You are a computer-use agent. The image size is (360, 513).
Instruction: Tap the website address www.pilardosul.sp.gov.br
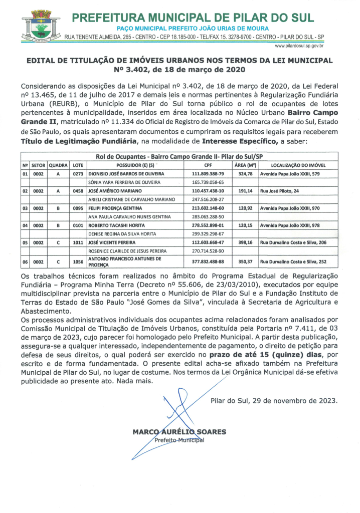[299, 46]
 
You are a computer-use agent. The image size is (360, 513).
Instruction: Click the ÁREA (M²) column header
[245, 165]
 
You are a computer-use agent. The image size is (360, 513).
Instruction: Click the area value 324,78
[245, 173]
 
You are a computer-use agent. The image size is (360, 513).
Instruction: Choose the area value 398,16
[245, 242]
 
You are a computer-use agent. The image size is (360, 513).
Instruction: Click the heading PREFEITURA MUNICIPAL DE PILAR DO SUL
[193, 18]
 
